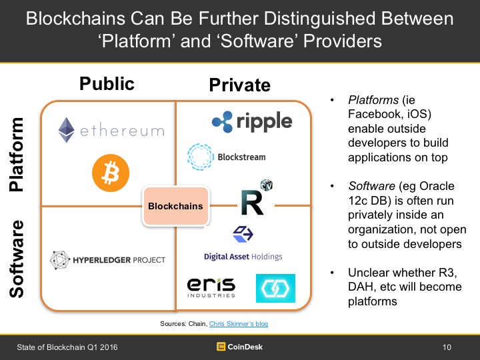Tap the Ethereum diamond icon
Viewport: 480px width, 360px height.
point(66,130)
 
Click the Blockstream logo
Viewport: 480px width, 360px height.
point(227,157)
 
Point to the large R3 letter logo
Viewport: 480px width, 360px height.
point(252,202)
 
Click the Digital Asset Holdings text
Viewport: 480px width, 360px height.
point(243,257)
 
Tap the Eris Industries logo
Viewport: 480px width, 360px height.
point(211,287)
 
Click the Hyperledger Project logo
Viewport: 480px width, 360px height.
point(107,259)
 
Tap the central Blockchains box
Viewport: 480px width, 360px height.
point(175,206)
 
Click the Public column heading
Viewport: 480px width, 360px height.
point(107,83)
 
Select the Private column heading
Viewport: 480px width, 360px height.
point(239,85)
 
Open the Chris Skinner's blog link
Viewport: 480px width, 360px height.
point(239,323)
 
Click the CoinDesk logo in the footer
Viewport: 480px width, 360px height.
point(240,346)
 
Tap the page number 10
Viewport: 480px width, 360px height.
point(447,347)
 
